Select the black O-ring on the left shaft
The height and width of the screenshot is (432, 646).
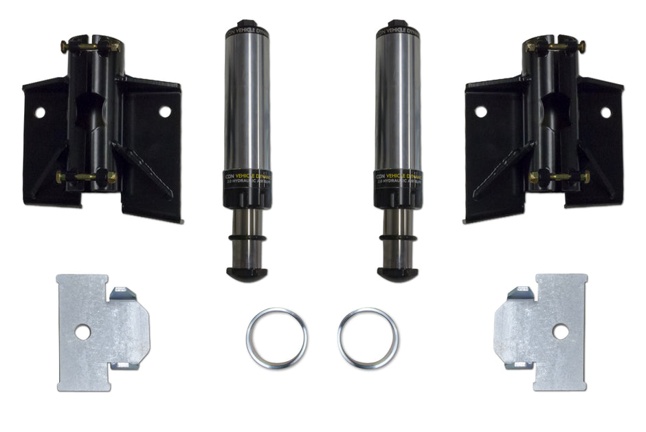245,241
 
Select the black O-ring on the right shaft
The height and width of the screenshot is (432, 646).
397,241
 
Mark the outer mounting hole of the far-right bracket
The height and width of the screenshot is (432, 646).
605,111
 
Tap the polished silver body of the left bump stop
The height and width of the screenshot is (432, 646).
245,103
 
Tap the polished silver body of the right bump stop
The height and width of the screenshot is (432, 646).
397,103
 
